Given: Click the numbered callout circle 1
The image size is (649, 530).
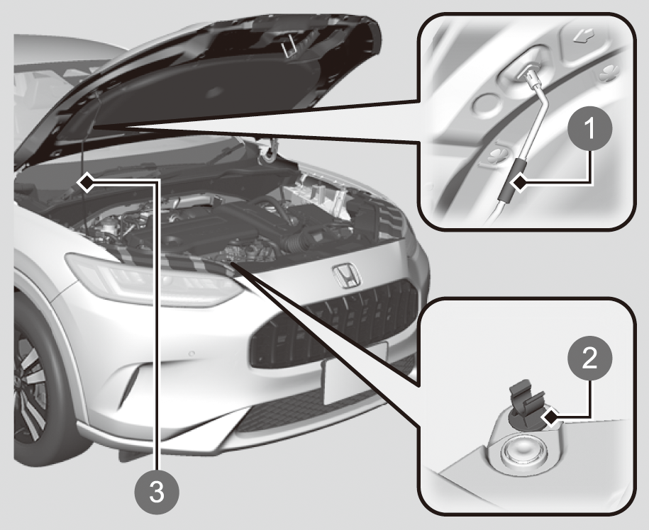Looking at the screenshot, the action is (x=590, y=129).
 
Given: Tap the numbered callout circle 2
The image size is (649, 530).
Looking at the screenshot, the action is (x=590, y=359).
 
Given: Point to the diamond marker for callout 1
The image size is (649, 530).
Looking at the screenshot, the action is (x=521, y=182).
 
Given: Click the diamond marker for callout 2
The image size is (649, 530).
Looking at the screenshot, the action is (x=552, y=418).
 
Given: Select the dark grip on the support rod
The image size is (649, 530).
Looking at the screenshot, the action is (x=511, y=181).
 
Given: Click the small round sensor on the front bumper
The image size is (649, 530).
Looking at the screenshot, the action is (x=192, y=354).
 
